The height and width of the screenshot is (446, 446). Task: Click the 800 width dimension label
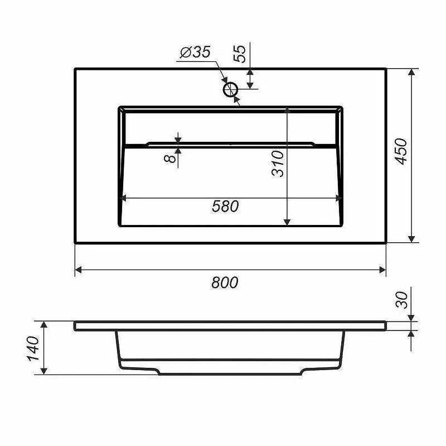tap(225, 282)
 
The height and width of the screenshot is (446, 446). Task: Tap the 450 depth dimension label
tap(401, 151)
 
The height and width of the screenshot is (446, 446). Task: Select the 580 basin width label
tap(225, 206)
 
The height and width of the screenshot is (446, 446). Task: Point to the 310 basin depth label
tap(278, 164)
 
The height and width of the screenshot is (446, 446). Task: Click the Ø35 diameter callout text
tap(196, 52)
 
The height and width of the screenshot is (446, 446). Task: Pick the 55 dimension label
tap(239, 54)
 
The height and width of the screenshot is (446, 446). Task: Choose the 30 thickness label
tap(401, 300)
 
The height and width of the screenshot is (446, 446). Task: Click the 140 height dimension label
tap(33, 348)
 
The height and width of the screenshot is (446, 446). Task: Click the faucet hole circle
tap(230, 89)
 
